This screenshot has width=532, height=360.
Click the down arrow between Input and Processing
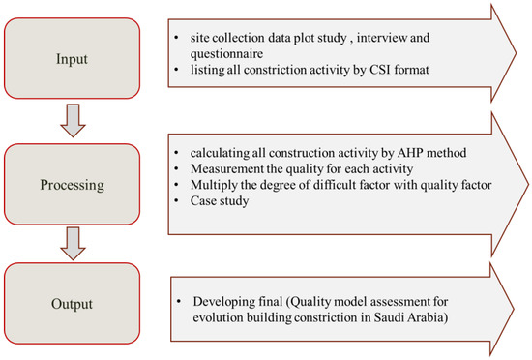pos(73,119)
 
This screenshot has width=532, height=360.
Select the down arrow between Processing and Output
pos(73,242)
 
